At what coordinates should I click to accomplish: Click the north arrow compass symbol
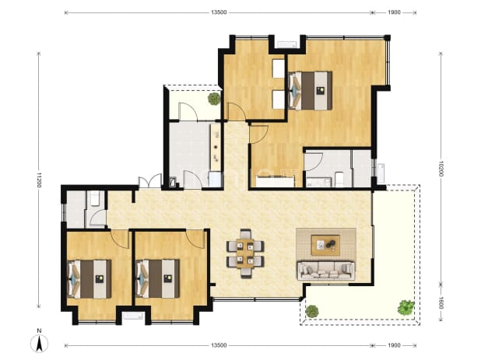tap(39, 343)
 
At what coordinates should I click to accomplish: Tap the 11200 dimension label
tap(39, 180)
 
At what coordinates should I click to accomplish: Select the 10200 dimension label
tap(441, 169)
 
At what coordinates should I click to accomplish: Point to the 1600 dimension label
tap(441, 303)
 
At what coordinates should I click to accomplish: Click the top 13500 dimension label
tap(219, 12)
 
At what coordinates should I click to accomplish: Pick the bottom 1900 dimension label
tap(394, 345)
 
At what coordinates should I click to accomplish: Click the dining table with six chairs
tap(245, 253)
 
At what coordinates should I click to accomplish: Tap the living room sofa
tap(325, 271)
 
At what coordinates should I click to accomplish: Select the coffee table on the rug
tap(325, 245)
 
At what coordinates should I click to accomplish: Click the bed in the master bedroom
tap(311, 90)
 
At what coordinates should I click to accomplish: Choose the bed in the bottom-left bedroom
tap(89, 279)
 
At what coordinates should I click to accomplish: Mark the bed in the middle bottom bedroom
tap(158, 279)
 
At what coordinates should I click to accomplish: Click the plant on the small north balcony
tap(214, 99)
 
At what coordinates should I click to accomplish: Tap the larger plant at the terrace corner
tap(406, 307)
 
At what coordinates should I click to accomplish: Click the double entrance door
tap(149, 182)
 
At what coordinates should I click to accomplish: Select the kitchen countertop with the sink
tap(216, 147)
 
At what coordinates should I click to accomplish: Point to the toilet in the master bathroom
tap(339, 179)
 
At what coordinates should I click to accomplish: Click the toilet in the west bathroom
tap(95, 198)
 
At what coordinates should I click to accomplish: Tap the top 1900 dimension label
tap(394, 12)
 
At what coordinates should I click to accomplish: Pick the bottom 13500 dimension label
tap(219, 345)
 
